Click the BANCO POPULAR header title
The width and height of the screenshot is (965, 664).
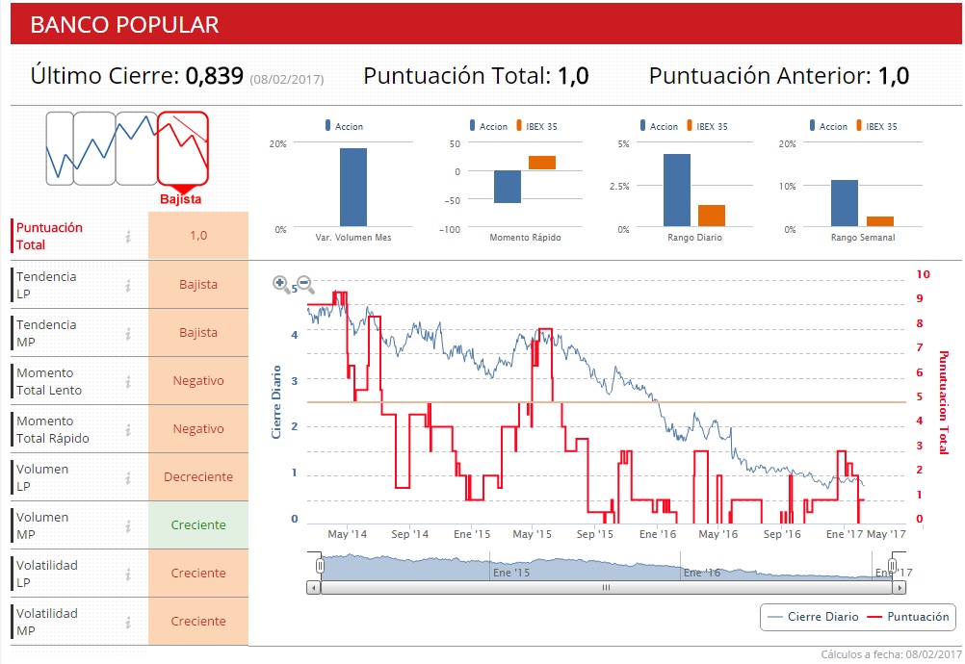coord(124,25)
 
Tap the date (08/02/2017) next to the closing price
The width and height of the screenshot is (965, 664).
coord(287,79)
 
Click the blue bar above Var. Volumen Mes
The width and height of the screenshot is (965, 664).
coord(352,187)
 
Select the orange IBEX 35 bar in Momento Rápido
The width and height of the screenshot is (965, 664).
coord(542,163)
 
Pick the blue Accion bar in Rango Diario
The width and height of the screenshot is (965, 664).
coord(677,190)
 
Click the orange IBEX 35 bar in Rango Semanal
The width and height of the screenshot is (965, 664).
coord(879,220)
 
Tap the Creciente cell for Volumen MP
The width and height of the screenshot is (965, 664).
coord(198,525)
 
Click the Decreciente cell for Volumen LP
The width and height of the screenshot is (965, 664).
coord(198,477)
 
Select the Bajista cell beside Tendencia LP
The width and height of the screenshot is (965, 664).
coord(198,285)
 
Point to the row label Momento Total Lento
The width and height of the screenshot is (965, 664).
coord(49,381)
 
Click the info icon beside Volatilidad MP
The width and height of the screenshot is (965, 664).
coord(127,622)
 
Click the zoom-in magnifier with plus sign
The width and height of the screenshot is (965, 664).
coord(281,283)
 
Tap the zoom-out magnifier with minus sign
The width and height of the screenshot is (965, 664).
coord(305,283)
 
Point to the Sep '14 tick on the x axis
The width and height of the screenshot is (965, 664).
coord(409,533)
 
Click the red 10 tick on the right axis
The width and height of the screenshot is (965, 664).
coord(923,274)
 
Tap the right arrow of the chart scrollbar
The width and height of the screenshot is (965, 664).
coord(899,587)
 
